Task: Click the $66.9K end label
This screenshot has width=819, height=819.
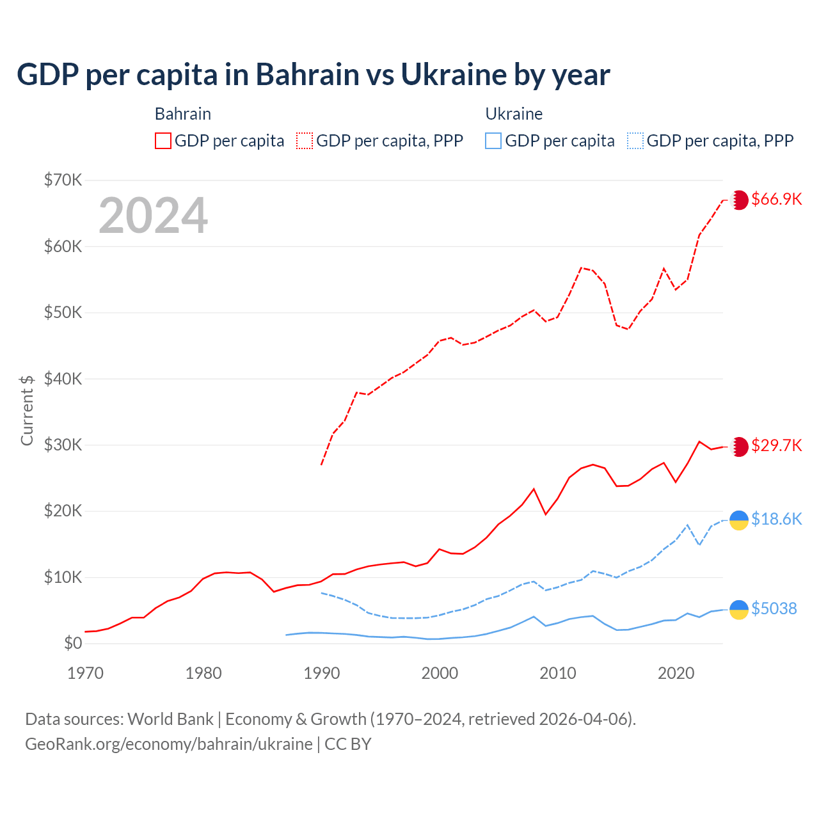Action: (776, 199)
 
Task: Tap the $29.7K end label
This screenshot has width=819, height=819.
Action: (776, 445)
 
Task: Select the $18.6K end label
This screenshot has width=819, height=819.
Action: (776, 519)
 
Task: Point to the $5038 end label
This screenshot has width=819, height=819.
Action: (774, 608)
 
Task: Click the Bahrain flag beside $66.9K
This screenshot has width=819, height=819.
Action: (739, 200)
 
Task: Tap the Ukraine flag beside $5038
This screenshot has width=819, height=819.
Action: (739, 610)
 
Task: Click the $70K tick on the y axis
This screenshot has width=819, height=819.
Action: (63, 180)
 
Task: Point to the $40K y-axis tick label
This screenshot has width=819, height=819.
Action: (63, 379)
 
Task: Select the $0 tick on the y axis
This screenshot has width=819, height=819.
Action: (72, 643)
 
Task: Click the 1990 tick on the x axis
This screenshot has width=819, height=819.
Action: (321, 673)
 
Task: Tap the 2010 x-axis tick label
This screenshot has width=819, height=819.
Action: (558, 673)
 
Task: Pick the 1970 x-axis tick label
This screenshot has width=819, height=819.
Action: (85, 673)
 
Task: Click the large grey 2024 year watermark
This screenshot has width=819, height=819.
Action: (153, 215)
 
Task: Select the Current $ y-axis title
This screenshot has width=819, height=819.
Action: (27, 410)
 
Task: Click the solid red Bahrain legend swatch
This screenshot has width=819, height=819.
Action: (163, 141)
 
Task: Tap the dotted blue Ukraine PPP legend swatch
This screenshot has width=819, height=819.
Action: (635, 141)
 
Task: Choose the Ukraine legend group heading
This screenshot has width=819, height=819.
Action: (514, 114)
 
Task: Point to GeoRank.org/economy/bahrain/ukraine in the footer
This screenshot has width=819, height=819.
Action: (169, 744)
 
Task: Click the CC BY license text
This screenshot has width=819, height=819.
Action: (348, 744)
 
